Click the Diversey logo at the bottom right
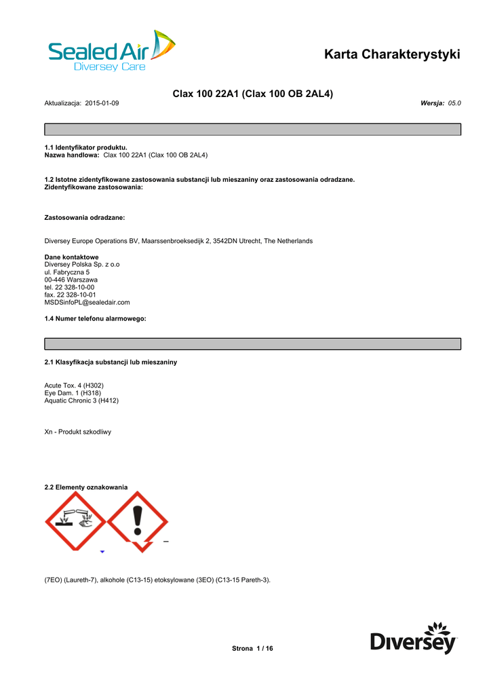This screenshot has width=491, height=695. coord(414,638)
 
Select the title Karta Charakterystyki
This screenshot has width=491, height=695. coord(392,54)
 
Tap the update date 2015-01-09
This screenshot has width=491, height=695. coord(102,102)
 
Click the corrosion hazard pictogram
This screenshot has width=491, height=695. coord(75,522)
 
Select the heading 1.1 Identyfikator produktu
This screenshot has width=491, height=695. coord(85,147)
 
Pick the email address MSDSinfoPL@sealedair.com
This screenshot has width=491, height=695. coord(87,302)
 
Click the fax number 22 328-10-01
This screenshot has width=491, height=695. coord(75,295)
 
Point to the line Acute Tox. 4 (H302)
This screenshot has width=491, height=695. coord(74,386)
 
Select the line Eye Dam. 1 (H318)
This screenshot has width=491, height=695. coord(73,393)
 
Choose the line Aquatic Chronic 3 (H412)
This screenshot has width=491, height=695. coord(81,400)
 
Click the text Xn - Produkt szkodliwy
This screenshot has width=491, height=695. coord(77,432)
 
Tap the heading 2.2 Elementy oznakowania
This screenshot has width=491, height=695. coord(85,487)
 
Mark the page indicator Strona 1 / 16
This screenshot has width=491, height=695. coord(252,649)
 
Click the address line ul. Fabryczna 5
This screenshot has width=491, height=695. coord(66,272)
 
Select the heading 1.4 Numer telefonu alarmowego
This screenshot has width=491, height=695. coord(95,318)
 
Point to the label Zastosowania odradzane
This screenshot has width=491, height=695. coord(84,218)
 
